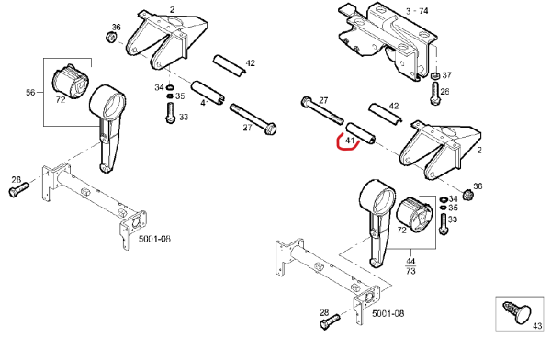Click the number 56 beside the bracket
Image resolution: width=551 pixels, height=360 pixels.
click(x=30, y=93)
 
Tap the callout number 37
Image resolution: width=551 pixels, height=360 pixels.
click(x=446, y=75)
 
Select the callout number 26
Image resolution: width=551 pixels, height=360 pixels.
click(x=444, y=92)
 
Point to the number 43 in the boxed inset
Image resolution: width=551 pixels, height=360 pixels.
click(x=537, y=326)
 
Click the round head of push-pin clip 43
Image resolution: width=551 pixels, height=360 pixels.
click(x=523, y=315)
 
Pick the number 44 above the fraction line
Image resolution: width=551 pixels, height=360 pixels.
click(x=410, y=262)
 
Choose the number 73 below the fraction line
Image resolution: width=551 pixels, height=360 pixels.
click(x=410, y=271)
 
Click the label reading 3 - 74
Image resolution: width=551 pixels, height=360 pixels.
click(x=417, y=11)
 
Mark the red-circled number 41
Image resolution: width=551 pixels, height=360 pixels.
click(x=350, y=141)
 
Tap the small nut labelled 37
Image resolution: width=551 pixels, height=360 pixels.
click(x=435, y=75)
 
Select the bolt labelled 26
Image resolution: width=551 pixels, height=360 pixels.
click(x=434, y=93)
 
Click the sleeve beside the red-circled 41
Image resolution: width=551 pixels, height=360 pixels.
click(x=361, y=134)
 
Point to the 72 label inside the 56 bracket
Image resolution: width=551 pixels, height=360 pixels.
click(x=61, y=99)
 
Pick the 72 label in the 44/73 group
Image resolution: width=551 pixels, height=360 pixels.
click(x=401, y=231)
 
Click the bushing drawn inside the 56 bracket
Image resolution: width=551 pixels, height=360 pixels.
click(x=71, y=81)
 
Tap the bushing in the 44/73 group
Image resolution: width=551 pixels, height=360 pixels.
click(x=415, y=215)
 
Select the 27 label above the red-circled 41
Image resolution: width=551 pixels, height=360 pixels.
click(x=323, y=100)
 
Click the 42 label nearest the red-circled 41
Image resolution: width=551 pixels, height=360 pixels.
click(x=394, y=106)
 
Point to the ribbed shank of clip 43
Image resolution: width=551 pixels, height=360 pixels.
click(x=511, y=309)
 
